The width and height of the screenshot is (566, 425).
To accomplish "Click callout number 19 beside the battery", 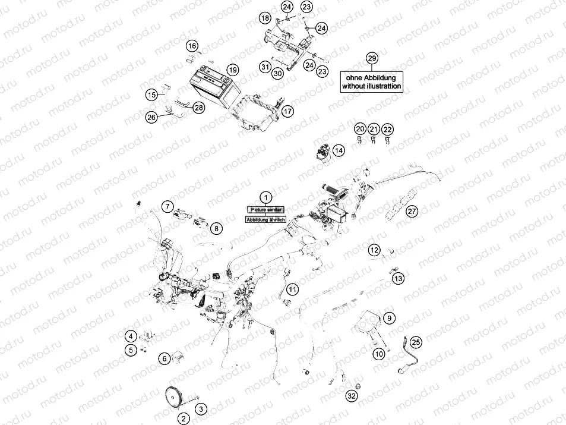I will (232, 70).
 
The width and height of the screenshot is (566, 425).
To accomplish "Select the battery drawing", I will (213, 87).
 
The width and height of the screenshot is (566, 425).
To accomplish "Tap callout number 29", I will (372, 58).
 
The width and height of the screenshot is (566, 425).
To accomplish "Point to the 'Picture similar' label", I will (266, 209).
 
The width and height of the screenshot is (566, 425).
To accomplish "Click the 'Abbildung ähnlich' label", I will (266, 219).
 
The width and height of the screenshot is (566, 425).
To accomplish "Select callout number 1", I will (266, 196).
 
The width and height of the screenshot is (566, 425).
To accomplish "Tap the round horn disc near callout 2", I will (173, 396).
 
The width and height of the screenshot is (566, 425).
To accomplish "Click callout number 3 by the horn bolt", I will (201, 409).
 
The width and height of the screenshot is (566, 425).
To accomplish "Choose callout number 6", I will (163, 358).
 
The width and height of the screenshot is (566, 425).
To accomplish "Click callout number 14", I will (338, 150).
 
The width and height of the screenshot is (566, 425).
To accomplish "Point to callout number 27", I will (412, 210).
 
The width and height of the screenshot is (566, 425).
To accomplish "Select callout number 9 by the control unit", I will (389, 318).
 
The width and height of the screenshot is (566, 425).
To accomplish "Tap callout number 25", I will (416, 342).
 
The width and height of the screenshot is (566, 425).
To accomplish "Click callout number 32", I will (352, 396).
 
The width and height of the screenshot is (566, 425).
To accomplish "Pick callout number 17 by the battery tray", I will (287, 111).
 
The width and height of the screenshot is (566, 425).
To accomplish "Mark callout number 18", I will (265, 19).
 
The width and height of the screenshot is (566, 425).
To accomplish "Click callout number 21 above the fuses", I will (374, 129).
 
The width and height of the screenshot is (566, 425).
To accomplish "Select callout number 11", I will (292, 289).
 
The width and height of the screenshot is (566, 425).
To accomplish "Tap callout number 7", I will (168, 206).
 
